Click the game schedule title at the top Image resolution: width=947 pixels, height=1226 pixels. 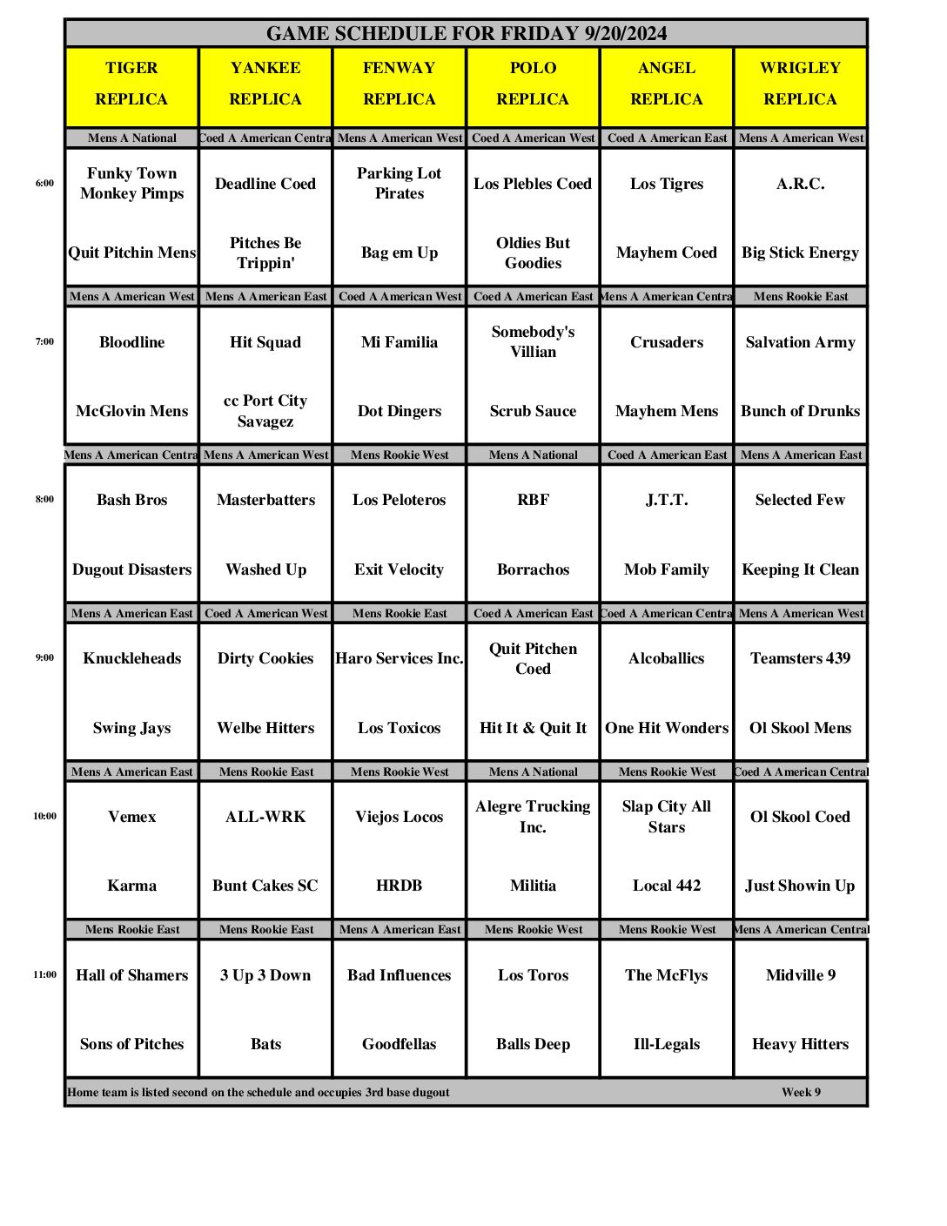467,34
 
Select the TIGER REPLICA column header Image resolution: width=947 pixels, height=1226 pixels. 131,84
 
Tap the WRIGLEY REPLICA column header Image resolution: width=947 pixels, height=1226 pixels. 800,84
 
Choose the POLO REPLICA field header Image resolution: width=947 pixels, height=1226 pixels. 533,84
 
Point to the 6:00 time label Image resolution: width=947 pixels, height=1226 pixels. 44,184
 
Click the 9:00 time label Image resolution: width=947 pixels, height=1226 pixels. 44,658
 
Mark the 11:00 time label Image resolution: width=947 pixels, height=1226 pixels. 44,975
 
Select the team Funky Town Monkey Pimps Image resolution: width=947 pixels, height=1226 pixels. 131,184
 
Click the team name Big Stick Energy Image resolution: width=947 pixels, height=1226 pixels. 800,253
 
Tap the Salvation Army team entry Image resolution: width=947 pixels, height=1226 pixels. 800,342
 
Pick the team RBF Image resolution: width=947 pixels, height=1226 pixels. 533,501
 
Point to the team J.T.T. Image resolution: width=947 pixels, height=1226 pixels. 667,501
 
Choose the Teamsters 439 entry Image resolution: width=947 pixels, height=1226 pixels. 800,659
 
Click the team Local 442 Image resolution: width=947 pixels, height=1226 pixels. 667,886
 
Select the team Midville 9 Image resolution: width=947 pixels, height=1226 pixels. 800,976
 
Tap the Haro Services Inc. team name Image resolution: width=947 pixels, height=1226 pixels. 400,659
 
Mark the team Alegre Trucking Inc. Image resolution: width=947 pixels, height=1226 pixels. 533,817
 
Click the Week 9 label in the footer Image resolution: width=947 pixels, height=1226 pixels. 801,1093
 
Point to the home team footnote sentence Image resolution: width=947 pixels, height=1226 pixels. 259,1093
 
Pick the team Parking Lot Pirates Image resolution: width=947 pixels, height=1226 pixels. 400,184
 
